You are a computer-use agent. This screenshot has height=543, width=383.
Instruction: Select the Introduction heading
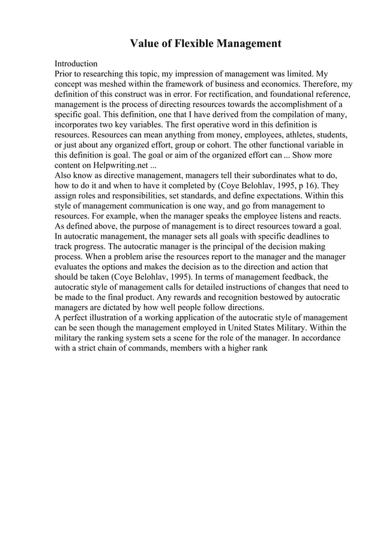pos(76,64)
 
